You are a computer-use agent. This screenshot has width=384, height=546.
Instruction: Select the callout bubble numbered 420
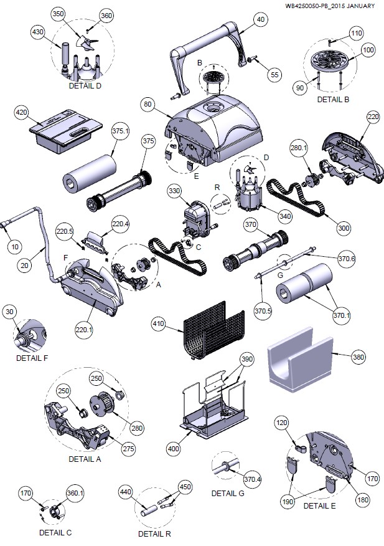click(x=21, y=112)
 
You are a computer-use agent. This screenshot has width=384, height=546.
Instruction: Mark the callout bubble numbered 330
click(x=174, y=191)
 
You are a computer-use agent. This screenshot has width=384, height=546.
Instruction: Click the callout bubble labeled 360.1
click(x=75, y=493)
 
